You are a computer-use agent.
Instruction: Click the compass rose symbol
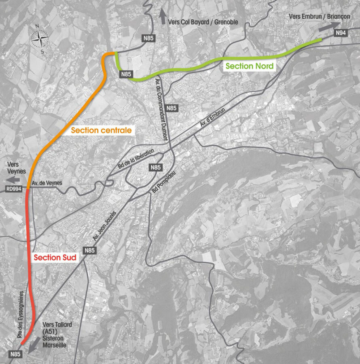pyautogui.click(x=40, y=39)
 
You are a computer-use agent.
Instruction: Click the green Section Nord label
pyautogui.click(x=250, y=66)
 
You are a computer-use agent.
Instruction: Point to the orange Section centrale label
pyautogui.click(x=102, y=131)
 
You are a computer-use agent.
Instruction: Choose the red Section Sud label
pyautogui.click(x=55, y=257)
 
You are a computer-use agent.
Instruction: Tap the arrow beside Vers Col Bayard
pyautogui.click(x=163, y=17)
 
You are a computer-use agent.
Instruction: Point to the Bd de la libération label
pyautogui.click(x=136, y=159)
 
